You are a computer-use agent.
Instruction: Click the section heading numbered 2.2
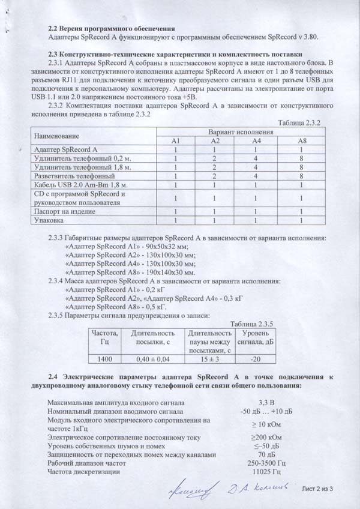[x=112, y=28]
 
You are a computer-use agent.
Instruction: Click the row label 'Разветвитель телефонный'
[x=75, y=176]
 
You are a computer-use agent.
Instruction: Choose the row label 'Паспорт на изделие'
[x=66, y=212]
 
